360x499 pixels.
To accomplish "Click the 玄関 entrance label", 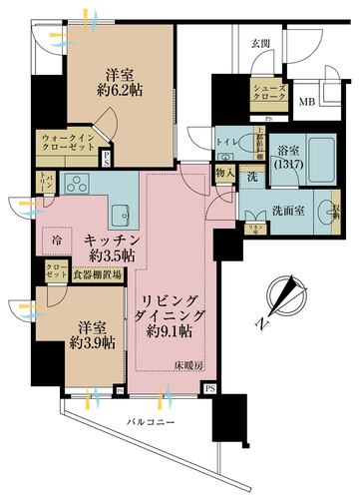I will click(x=259, y=42).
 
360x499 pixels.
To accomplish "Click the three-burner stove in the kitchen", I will click(x=76, y=184).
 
